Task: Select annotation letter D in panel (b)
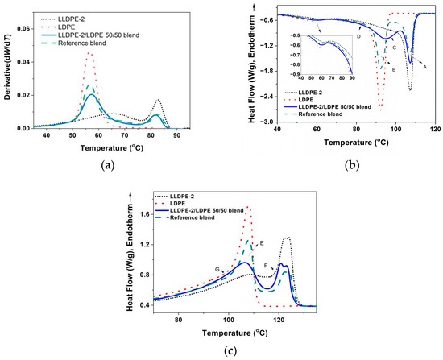click(x=358, y=37)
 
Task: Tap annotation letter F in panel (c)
click(x=266, y=266)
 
